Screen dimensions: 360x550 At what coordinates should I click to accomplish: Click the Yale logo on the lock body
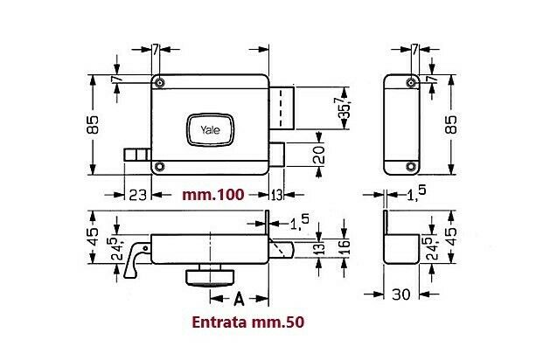211,130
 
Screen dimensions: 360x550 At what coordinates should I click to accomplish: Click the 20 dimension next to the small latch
320,156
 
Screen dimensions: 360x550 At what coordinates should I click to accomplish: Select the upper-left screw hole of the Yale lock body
160,82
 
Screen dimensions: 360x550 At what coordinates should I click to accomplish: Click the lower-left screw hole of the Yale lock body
160,166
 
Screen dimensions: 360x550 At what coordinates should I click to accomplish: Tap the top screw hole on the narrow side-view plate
408,82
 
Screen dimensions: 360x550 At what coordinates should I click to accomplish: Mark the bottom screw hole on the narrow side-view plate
408,166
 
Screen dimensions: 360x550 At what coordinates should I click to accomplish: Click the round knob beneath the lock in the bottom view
211,277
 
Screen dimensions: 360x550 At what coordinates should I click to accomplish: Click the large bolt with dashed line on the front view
284,107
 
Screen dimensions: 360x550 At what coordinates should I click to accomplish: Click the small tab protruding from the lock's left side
136,155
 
